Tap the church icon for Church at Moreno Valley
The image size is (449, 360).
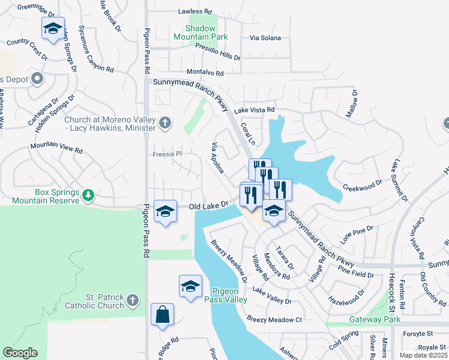[x=166, y=124]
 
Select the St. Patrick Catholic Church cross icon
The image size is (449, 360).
[x=133, y=300]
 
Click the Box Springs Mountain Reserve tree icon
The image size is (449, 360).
[x=88, y=195]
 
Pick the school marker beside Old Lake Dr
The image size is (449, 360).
[x=166, y=211]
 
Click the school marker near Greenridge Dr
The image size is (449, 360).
[x=53, y=28]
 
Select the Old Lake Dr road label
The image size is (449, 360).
[x=209, y=206]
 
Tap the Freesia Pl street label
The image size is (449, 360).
[x=166, y=154]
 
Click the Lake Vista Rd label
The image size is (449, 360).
[x=254, y=110]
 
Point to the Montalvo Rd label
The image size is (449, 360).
[x=204, y=73]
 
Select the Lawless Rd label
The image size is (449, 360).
[x=195, y=11]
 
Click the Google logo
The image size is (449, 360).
[x=20, y=353]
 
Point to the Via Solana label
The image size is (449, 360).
[x=265, y=38]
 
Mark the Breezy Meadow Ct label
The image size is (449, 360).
[x=274, y=320]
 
